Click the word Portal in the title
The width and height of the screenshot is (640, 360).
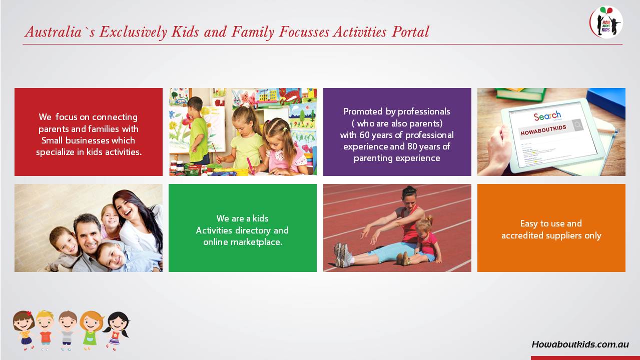(x=410, y=31)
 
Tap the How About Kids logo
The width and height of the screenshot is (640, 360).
(x=606, y=22)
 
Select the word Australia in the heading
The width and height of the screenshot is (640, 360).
(x=53, y=31)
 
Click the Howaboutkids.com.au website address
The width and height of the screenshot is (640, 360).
(x=580, y=344)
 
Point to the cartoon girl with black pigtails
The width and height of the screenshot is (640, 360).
(x=116, y=331)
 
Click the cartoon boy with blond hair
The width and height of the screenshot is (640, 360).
(x=45, y=330)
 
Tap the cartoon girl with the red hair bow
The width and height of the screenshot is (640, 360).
(x=24, y=330)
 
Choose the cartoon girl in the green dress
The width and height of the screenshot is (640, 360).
(x=91, y=330)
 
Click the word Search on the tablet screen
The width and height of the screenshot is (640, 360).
(x=547, y=115)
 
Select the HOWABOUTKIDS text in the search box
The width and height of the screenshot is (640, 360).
(x=543, y=130)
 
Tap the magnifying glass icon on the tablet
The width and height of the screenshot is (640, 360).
(x=578, y=125)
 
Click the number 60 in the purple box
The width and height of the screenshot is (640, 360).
(x=364, y=135)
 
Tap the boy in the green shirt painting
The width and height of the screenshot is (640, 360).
(x=198, y=131)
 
